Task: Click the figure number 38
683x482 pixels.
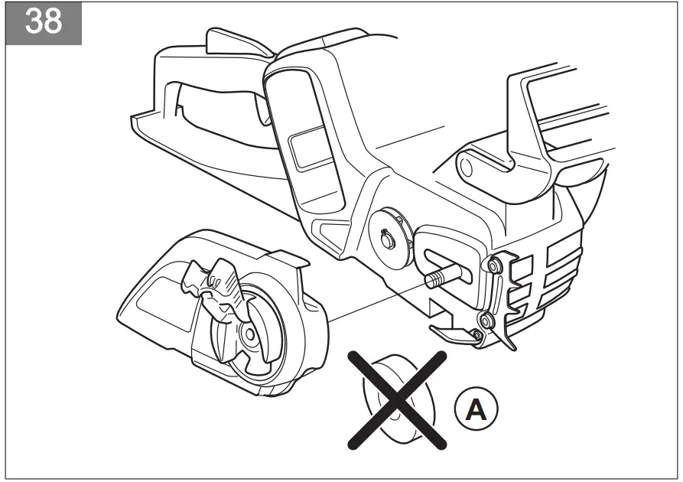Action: [43, 21]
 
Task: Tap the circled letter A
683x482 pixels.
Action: [476, 411]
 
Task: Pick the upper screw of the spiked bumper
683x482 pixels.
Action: [494, 265]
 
